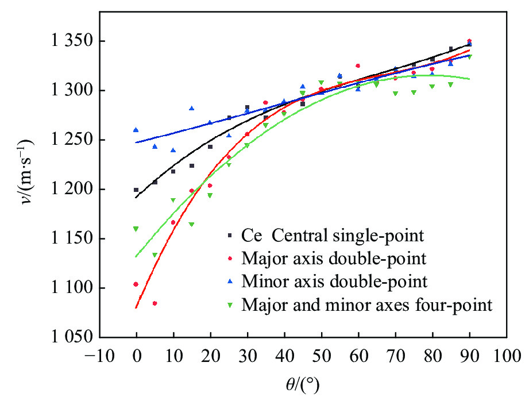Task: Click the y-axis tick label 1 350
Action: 64,41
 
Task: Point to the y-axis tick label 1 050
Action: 64,338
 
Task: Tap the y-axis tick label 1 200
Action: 64,190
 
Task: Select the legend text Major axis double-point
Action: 335,259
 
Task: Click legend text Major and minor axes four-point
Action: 368,305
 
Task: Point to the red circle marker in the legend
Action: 230,259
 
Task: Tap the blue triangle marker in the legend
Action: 230,282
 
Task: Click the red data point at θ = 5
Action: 155,303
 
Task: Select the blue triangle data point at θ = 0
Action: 136,130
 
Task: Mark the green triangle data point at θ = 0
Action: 136,229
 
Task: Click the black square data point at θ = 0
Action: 136,190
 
